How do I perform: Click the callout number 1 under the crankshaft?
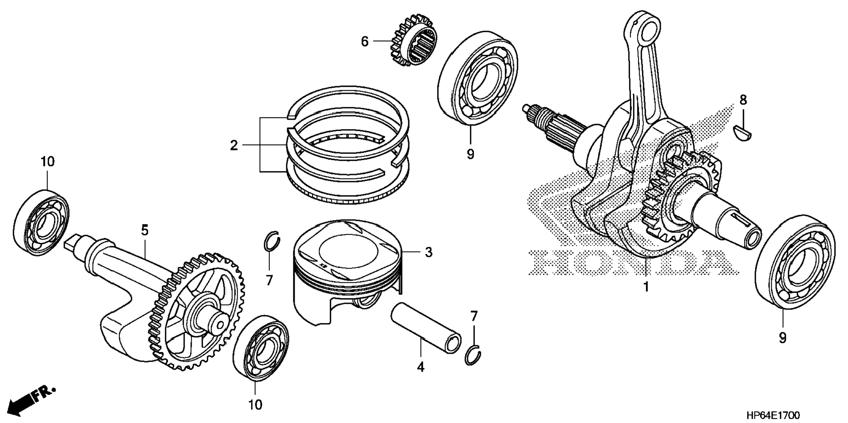646,287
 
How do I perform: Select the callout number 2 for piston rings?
234,145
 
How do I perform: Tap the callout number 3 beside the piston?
428,252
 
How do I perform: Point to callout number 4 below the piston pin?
420,367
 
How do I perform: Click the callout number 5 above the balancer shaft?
145,230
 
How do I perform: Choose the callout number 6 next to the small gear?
365,42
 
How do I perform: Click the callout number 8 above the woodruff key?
743,100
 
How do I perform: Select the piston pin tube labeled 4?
425,327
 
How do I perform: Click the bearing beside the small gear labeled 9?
477,78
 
